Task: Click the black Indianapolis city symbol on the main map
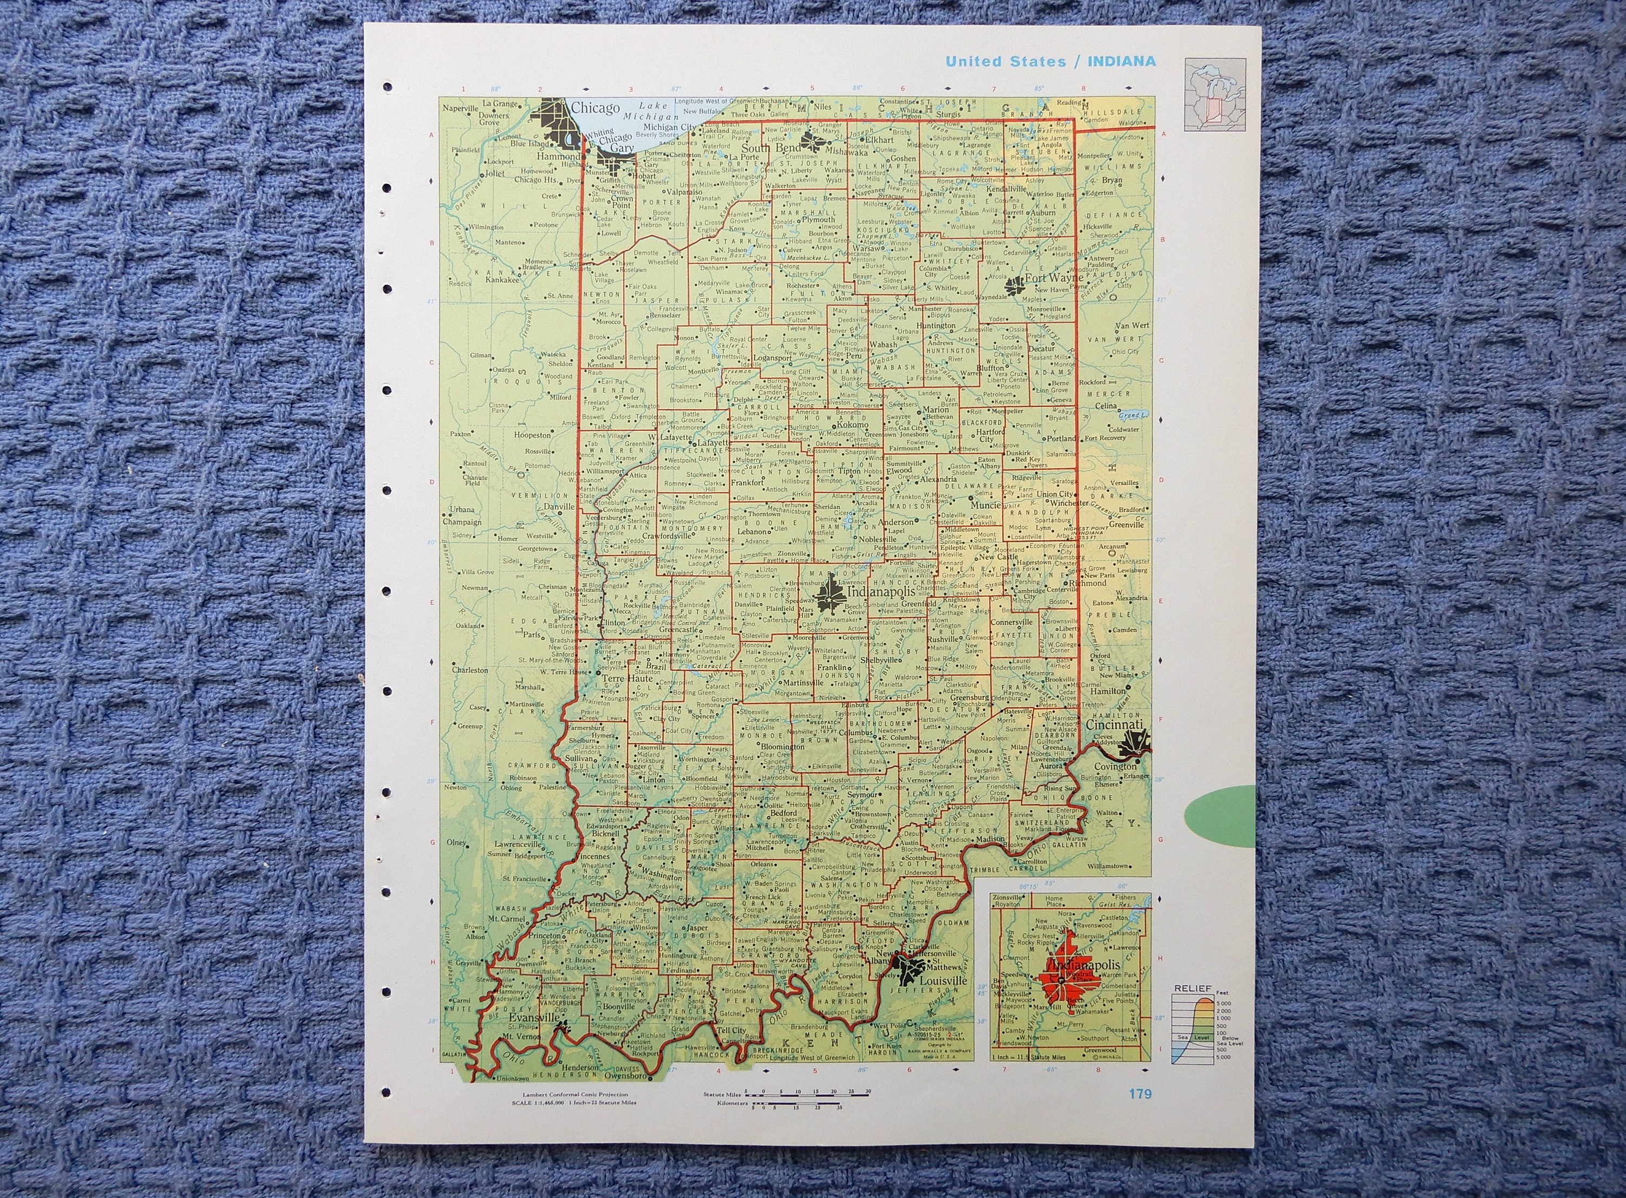[x=828, y=599]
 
